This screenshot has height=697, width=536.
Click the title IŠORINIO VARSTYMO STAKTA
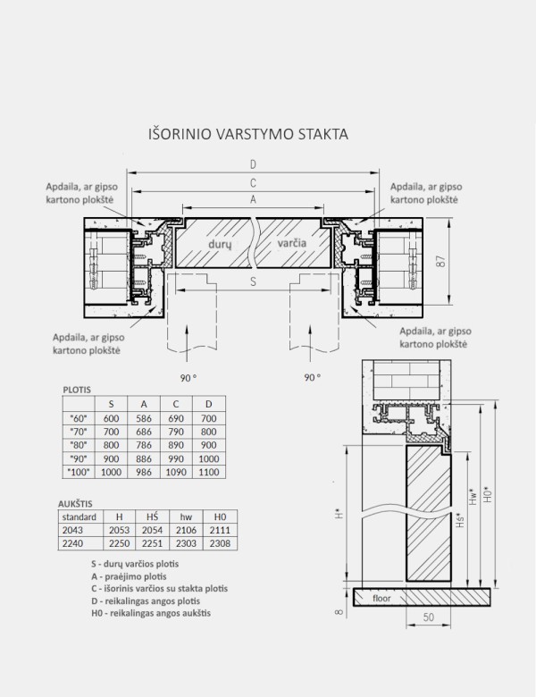(247, 134)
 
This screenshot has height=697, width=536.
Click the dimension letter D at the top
(254, 164)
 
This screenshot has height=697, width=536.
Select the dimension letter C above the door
(254, 181)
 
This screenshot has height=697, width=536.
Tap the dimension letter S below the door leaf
(254, 281)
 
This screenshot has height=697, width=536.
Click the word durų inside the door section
(220, 242)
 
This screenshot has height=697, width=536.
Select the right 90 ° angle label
(311, 378)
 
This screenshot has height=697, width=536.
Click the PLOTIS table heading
(79, 390)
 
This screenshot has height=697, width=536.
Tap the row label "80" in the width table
(77, 444)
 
